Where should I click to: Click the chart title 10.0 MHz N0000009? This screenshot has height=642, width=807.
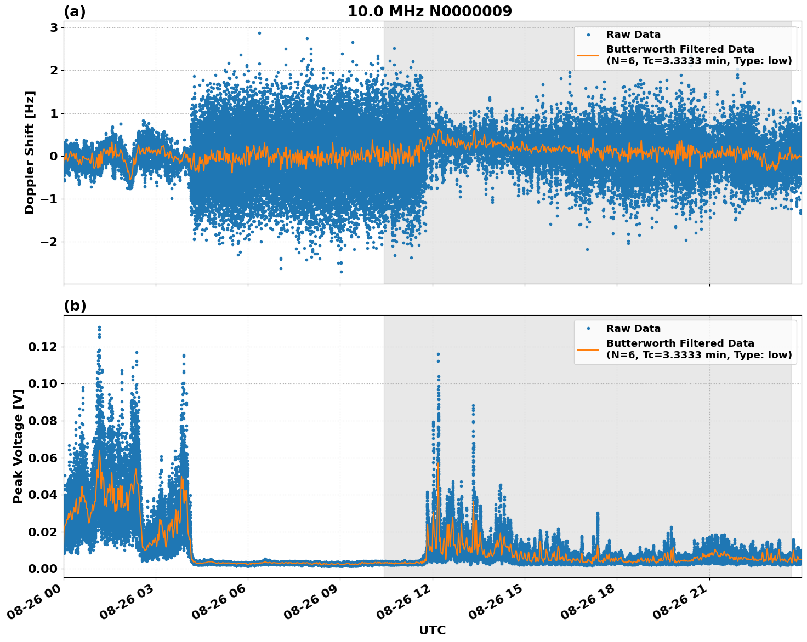point(429,12)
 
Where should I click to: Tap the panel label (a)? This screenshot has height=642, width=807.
point(75,12)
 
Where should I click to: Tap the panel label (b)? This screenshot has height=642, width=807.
point(75,306)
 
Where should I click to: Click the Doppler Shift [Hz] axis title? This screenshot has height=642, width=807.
point(30,152)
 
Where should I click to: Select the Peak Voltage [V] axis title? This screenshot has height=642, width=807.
point(18,446)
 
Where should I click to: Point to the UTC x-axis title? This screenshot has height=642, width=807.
point(432,630)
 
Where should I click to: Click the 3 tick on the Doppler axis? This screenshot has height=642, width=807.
point(54,27)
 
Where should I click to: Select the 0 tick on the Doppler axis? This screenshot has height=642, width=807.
point(54,156)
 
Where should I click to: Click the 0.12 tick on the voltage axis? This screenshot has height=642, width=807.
point(43,347)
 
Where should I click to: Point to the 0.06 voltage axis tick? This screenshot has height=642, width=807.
point(43,457)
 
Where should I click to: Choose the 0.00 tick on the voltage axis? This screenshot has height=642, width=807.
point(43,569)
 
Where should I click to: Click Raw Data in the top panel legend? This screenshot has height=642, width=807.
point(633,35)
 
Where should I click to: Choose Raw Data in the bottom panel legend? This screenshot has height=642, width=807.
point(633,329)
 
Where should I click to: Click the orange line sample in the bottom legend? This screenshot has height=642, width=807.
point(588,349)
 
